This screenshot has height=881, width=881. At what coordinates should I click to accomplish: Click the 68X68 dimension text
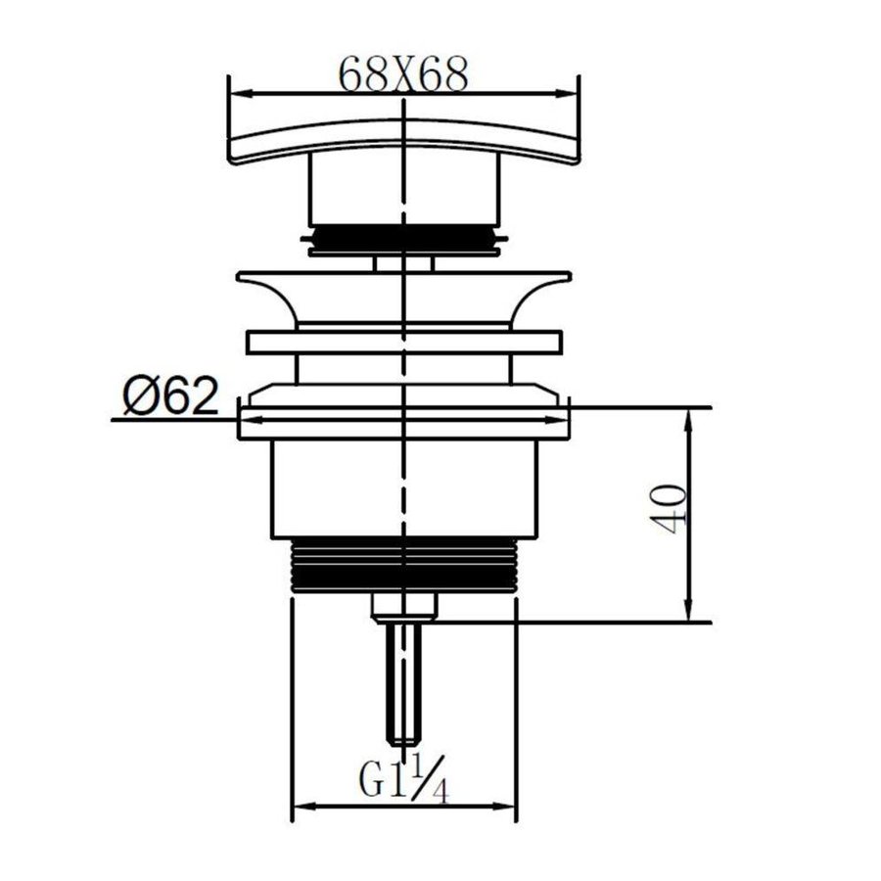coord(403,74)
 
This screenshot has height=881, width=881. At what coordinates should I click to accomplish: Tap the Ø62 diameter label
coord(170,395)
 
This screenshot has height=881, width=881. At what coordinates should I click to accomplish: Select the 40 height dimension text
coord(668,509)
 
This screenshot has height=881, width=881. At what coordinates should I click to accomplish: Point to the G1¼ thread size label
coord(403,778)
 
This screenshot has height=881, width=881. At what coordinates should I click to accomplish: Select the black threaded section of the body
coord(403,564)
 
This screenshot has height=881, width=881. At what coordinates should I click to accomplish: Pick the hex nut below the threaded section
coord(404,607)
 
